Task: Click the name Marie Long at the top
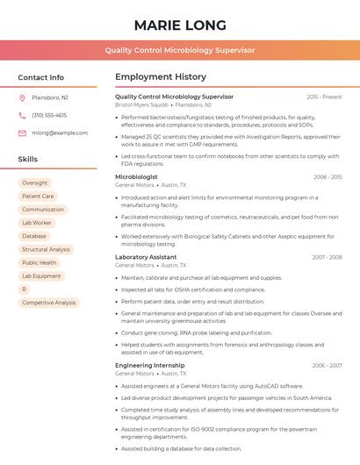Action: point(180,25)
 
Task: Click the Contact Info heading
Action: point(41,77)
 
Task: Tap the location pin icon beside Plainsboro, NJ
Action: point(22,97)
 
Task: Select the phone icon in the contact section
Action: point(22,115)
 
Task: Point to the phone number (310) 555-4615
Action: point(49,115)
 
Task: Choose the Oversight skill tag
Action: point(35,183)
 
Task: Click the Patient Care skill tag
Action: point(38,197)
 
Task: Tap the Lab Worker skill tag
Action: point(37,223)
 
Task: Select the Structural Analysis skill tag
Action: point(46,249)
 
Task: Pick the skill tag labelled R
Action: point(25,289)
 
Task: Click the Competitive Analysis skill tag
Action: point(49,303)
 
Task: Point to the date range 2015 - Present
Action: point(324,97)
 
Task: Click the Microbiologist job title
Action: point(136,177)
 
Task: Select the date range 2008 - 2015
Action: point(327,177)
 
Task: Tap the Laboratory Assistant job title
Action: point(146,257)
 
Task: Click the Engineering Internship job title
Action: point(150,365)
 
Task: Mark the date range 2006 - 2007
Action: point(327,365)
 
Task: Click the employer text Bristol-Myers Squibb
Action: point(141,104)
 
